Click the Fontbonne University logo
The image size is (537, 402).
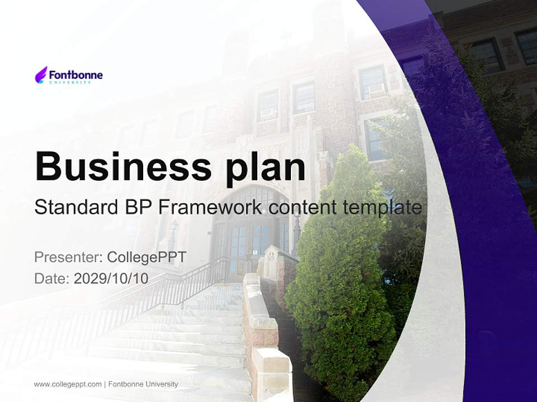(69, 75)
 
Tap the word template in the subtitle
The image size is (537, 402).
(381, 207)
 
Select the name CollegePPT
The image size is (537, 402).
(147, 257)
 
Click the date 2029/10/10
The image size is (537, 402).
(111, 279)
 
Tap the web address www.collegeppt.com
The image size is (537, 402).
(68, 384)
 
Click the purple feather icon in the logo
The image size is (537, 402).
(41, 75)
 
